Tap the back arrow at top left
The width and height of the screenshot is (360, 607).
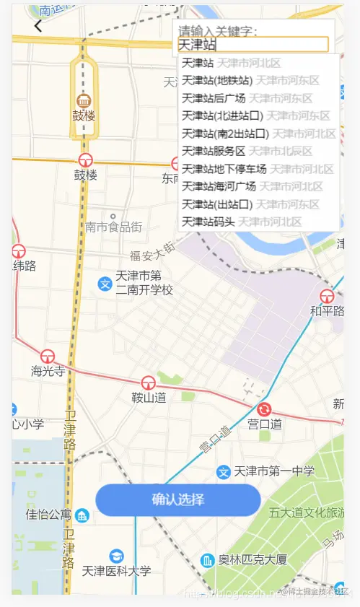[38, 27]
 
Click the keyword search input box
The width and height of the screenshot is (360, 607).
[253, 45]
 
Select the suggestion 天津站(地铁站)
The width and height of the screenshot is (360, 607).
[217, 80]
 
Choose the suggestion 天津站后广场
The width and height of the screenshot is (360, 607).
[214, 98]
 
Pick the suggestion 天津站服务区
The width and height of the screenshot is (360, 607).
[214, 151]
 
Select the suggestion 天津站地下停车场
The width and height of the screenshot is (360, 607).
[224, 169]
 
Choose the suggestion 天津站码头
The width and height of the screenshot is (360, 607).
[208, 222]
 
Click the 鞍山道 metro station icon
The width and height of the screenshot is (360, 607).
[149, 383]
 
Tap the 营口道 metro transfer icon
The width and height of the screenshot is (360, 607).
[264, 409]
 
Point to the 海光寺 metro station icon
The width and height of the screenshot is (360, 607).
[48, 356]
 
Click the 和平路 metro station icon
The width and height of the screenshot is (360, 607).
[327, 295]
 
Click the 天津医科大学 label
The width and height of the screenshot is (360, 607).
[117, 571]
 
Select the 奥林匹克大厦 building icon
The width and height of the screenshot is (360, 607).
[208, 560]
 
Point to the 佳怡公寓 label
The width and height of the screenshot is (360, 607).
[48, 515]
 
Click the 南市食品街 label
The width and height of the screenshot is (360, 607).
[113, 227]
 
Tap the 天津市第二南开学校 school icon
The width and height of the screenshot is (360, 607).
[105, 283]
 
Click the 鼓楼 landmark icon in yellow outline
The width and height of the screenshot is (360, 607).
[84, 100]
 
